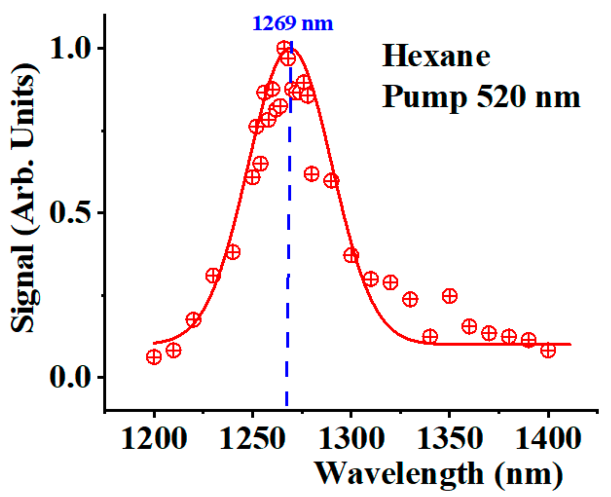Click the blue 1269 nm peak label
click(x=293, y=24)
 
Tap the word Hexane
click(x=436, y=57)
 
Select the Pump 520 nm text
click(x=481, y=97)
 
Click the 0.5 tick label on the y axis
click(x=70, y=213)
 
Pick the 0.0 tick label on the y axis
click(x=70, y=377)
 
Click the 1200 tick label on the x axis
click(x=154, y=439)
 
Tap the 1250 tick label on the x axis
click(x=252, y=439)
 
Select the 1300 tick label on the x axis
click(x=351, y=439)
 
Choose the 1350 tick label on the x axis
click(x=449, y=439)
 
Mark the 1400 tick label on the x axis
click(x=548, y=439)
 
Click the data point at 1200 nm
click(x=154, y=357)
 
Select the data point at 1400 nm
click(x=548, y=350)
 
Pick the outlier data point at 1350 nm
click(x=449, y=296)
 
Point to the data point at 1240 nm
click(x=233, y=252)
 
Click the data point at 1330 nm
click(x=410, y=299)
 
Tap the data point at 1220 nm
click(x=194, y=320)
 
